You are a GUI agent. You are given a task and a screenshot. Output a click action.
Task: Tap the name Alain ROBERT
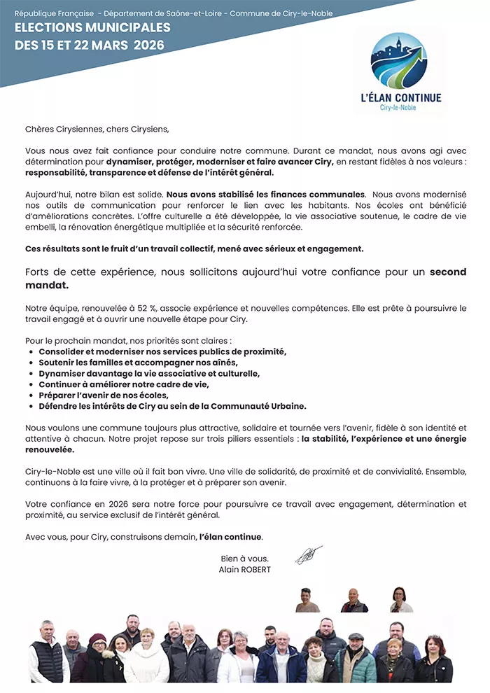coord(244,569)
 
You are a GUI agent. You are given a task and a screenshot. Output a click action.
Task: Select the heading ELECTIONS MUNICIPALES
coord(92,28)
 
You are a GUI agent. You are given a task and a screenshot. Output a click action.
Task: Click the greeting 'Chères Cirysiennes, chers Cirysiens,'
coord(97,129)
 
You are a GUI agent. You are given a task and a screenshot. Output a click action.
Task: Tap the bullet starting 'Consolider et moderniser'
coord(162,351)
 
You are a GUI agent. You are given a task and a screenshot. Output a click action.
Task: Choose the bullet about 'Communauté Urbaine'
coord(172,406)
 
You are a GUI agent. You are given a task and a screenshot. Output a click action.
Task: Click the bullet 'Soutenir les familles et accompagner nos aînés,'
coord(138,363)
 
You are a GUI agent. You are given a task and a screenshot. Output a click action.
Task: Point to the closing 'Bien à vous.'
coord(244,559)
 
